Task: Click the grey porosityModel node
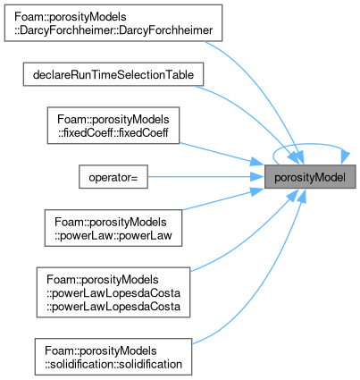(x=310, y=176)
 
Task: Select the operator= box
(x=113, y=176)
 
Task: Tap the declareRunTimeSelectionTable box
(x=113, y=74)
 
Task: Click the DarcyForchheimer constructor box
(x=113, y=23)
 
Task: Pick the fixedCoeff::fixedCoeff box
(x=113, y=125)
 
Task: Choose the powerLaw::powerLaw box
(x=113, y=228)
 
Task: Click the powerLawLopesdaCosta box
(x=113, y=292)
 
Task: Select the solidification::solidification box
(x=113, y=357)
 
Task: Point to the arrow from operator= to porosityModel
(x=206, y=176)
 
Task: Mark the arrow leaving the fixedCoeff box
(x=222, y=154)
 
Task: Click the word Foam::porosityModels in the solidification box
(x=101, y=350)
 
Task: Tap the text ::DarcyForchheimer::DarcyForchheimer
(x=113, y=30)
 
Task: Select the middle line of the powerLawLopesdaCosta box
(x=113, y=293)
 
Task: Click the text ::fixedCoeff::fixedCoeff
(x=113, y=132)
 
